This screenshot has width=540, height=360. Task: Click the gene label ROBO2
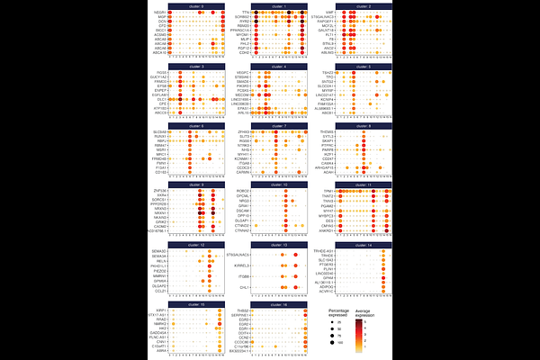click(243, 192)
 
